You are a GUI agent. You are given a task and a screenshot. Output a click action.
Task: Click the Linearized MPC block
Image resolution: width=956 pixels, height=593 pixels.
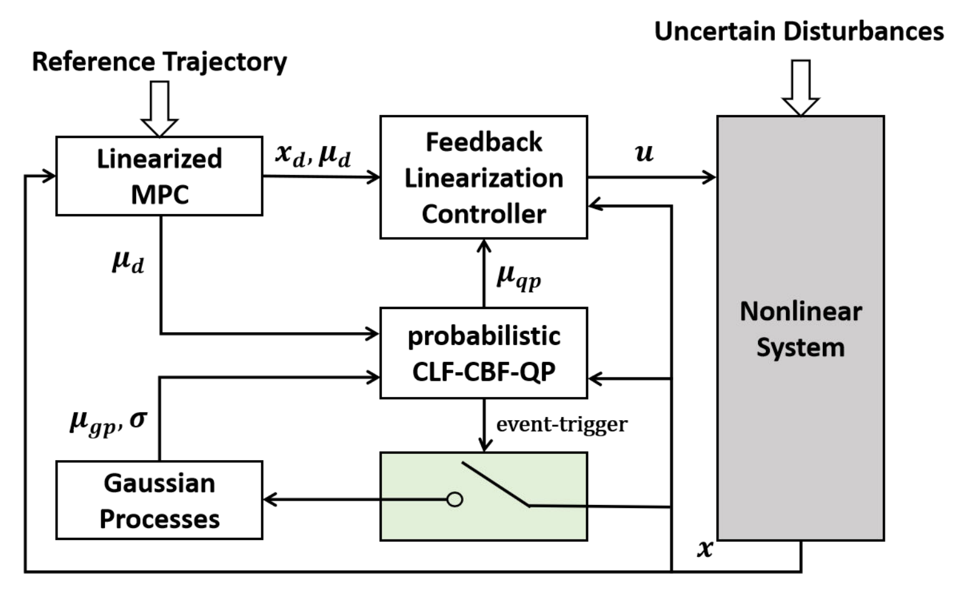point(159,176)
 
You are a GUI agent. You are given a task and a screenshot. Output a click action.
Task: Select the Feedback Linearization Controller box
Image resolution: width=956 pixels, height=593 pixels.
point(484,177)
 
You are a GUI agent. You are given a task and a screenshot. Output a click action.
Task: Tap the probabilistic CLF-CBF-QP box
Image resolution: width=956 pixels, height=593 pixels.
point(484,353)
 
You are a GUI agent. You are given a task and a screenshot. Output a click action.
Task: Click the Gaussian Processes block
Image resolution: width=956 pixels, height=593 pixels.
point(159,500)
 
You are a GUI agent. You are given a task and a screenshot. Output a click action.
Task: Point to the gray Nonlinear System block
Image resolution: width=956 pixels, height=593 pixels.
point(800,328)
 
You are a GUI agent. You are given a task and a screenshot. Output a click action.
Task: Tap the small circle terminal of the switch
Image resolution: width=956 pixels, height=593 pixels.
point(455,499)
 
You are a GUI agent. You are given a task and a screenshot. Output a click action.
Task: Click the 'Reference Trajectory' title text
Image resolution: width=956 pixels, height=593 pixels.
point(159,62)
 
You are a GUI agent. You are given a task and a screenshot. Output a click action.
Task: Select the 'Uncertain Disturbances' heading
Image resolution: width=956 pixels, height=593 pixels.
point(799,31)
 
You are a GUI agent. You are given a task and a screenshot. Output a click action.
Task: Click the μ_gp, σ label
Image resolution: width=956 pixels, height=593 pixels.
point(108,422)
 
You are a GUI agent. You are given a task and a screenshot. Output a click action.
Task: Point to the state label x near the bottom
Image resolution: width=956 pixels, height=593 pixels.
point(705,548)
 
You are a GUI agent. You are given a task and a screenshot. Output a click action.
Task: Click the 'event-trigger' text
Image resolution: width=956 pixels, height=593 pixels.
point(562,424)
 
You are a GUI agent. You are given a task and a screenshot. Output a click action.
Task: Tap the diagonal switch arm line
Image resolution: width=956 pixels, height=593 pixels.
point(495,484)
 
